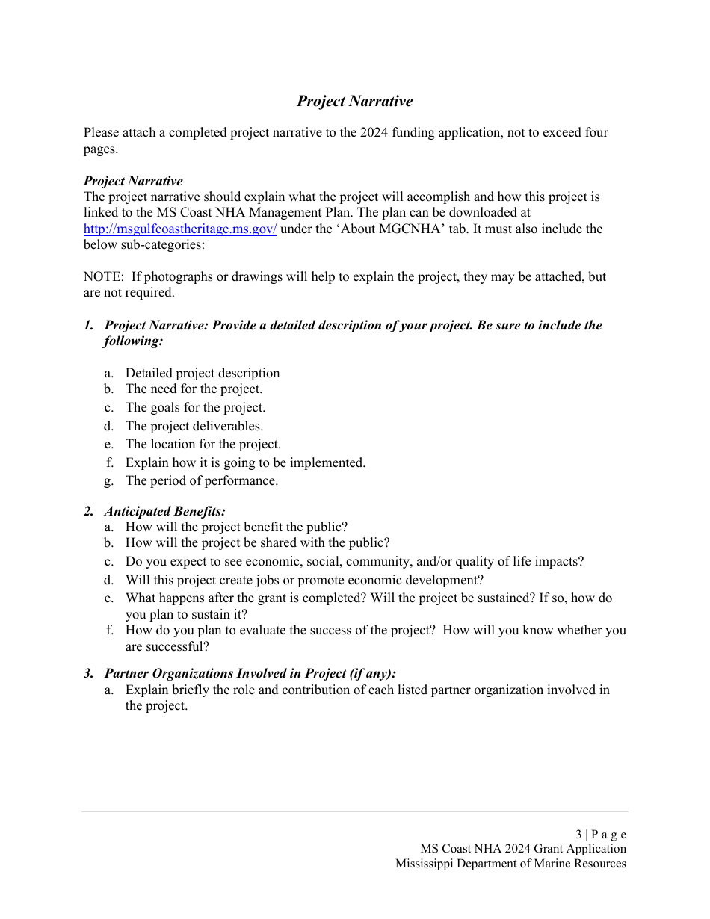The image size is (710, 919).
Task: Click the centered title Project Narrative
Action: (x=354, y=101)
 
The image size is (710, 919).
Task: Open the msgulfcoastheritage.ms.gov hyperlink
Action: (x=179, y=229)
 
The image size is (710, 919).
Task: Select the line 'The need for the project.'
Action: (x=194, y=389)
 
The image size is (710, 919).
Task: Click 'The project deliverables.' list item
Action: (x=194, y=427)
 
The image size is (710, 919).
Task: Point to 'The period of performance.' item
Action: (x=201, y=481)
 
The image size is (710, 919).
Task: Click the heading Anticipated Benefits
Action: (x=164, y=512)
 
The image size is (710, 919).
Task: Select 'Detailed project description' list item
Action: (x=202, y=373)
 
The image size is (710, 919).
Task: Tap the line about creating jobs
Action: (x=304, y=581)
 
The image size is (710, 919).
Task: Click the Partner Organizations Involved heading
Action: (x=250, y=674)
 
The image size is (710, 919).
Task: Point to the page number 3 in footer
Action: (x=578, y=835)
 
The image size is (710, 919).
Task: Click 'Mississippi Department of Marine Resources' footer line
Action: (x=510, y=864)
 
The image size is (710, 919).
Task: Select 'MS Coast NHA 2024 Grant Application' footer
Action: (x=523, y=849)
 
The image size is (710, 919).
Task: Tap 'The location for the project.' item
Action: (x=203, y=445)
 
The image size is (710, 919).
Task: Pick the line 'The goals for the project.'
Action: (x=195, y=408)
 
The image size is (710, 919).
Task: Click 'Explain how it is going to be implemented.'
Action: (x=245, y=463)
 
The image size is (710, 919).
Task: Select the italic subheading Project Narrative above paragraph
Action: (x=133, y=181)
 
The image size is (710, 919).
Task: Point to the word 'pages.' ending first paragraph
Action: (x=101, y=149)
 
